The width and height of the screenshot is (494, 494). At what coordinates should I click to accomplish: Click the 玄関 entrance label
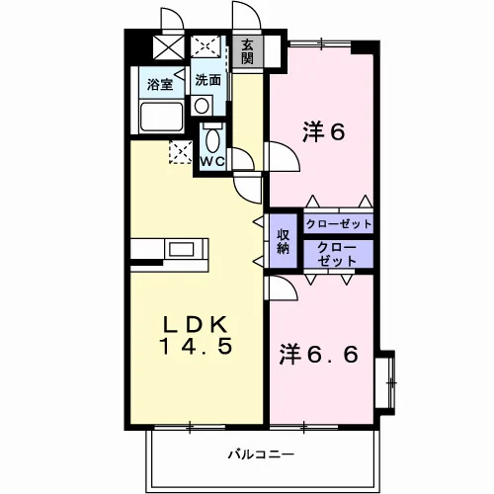[x=247, y=51]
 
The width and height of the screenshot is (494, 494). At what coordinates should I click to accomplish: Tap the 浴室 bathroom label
[x=160, y=85]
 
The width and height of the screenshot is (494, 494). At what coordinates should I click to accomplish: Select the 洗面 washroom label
[x=208, y=80]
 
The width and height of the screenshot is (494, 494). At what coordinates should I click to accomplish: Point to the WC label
[x=212, y=161]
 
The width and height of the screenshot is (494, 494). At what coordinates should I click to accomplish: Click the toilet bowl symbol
[x=212, y=138]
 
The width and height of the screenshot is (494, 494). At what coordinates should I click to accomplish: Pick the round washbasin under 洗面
[x=202, y=106]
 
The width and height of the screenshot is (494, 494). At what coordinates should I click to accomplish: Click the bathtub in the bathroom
[x=161, y=117]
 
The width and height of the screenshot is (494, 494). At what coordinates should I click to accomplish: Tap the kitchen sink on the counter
[x=181, y=249]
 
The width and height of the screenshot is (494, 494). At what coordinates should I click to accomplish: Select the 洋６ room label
[x=323, y=132]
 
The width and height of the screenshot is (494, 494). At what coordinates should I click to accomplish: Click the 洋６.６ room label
[x=318, y=354]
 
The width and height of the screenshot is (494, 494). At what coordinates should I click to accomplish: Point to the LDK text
[x=196, y=324]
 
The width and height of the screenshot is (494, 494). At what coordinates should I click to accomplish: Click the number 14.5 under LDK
[x=196, y=347]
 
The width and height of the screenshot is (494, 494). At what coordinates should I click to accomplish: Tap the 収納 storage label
[x=284, y=241]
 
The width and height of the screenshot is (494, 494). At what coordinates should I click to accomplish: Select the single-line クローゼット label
[x=339, y=224]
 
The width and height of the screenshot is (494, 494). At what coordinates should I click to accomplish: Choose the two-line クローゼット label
[x=337, y=254]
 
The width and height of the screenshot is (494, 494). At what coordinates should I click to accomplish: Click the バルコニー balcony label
[x=261, y=454]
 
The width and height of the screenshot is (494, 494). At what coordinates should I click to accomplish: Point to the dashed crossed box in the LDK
[x=181, y=152]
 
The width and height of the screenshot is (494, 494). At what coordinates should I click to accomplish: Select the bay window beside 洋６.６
[x=385, y=382]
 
